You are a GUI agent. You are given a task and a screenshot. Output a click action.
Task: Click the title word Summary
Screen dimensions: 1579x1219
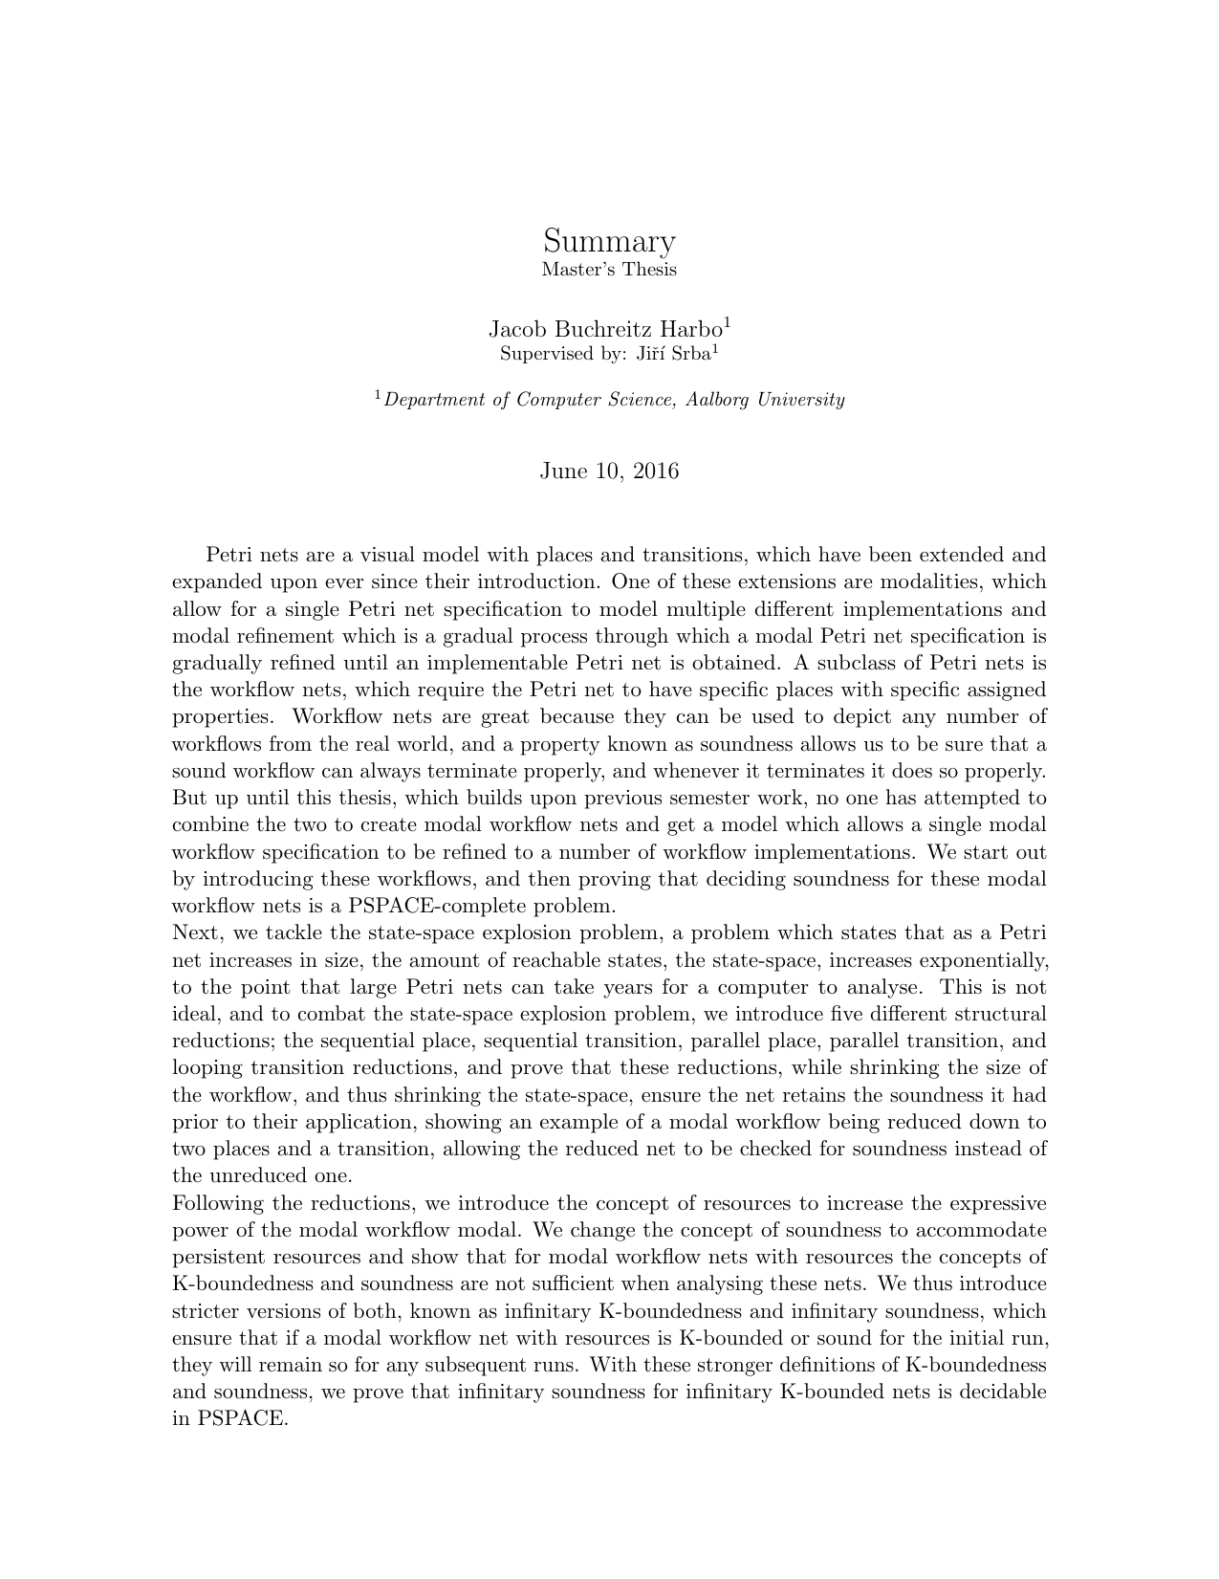[609, 240]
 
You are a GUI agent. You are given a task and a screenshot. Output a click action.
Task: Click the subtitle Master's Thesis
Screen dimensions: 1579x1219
[609, 270]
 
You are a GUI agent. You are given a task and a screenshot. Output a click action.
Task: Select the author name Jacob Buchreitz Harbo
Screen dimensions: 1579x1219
[605, 330]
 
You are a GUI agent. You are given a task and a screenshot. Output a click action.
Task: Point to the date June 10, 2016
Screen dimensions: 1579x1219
[609, 471]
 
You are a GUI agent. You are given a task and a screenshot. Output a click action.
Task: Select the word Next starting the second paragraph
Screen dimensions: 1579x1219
[196, 932]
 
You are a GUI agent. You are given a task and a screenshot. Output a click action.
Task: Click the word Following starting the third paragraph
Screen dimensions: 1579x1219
[211, 1203]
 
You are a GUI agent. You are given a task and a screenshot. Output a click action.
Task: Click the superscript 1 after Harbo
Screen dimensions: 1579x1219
[727, 323]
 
